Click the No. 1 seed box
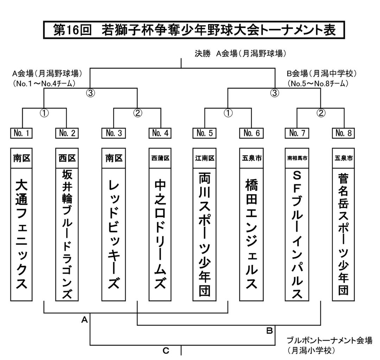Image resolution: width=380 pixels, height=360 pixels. pos(21,133)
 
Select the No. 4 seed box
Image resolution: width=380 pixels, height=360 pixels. pos(160,133)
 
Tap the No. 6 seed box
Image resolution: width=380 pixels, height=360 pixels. pos(251,133)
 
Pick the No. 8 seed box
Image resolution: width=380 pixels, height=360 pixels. pos(343,133)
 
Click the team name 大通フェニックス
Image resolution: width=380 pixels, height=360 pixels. pos(21,234)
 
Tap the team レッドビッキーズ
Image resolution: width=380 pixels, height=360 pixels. pos(114,234)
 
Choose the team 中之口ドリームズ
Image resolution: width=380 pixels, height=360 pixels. pos(160,234)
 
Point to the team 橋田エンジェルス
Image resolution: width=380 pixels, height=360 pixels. pos(251,234)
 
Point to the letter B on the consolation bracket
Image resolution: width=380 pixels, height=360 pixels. pos(269,331)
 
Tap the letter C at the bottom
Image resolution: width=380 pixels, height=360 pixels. pos(166,351)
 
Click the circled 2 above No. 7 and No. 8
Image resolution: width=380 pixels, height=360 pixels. pos(321,113)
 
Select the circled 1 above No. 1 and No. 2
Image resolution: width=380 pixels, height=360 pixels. pos(45,113)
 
